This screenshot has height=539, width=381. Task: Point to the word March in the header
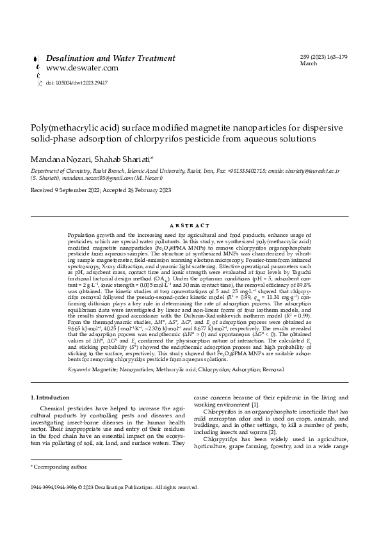(309, 64)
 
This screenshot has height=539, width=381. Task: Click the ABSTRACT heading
(190, 225)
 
